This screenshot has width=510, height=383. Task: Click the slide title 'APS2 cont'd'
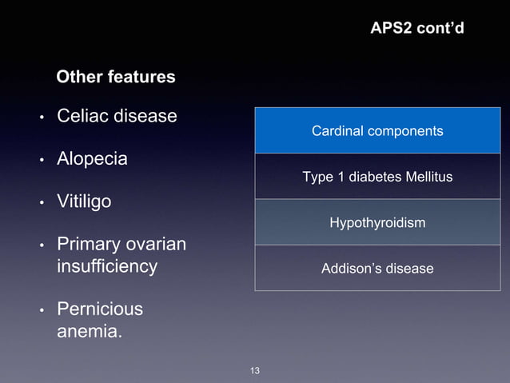point(416,29)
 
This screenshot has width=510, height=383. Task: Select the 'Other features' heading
point(116,78)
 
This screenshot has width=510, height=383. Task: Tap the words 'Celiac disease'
point(117,116)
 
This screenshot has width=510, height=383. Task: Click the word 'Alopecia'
point(92,159)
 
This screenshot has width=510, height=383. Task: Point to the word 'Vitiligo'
point(84,202)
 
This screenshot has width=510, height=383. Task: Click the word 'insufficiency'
point(107,266)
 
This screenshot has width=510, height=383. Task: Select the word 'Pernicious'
point(100,309)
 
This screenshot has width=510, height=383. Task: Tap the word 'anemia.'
point(90,330)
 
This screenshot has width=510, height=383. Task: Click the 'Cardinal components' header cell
point(377,130)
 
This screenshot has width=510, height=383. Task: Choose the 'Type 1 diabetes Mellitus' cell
point(377,177)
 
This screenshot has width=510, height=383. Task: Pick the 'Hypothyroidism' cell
point(377,222)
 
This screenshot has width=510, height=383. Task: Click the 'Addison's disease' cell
point(377,269)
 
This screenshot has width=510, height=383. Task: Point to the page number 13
point(255,371)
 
